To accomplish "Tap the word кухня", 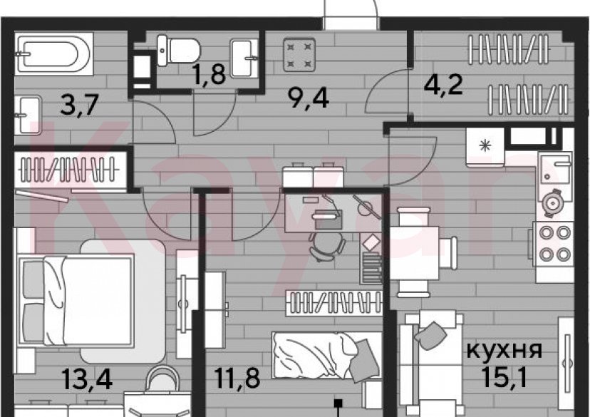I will tap(504, 351).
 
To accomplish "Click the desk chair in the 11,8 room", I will tap(326, 244).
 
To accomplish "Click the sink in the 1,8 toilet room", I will tap(247, 51).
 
